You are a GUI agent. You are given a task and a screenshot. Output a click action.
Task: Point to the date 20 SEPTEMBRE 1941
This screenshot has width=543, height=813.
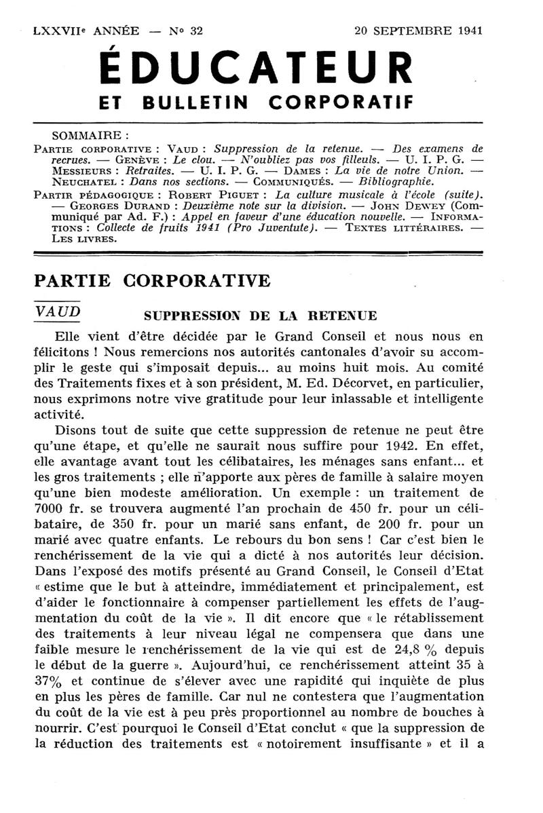click(418, 31)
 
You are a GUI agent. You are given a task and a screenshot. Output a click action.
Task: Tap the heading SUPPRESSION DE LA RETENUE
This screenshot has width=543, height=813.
click(261, 316)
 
